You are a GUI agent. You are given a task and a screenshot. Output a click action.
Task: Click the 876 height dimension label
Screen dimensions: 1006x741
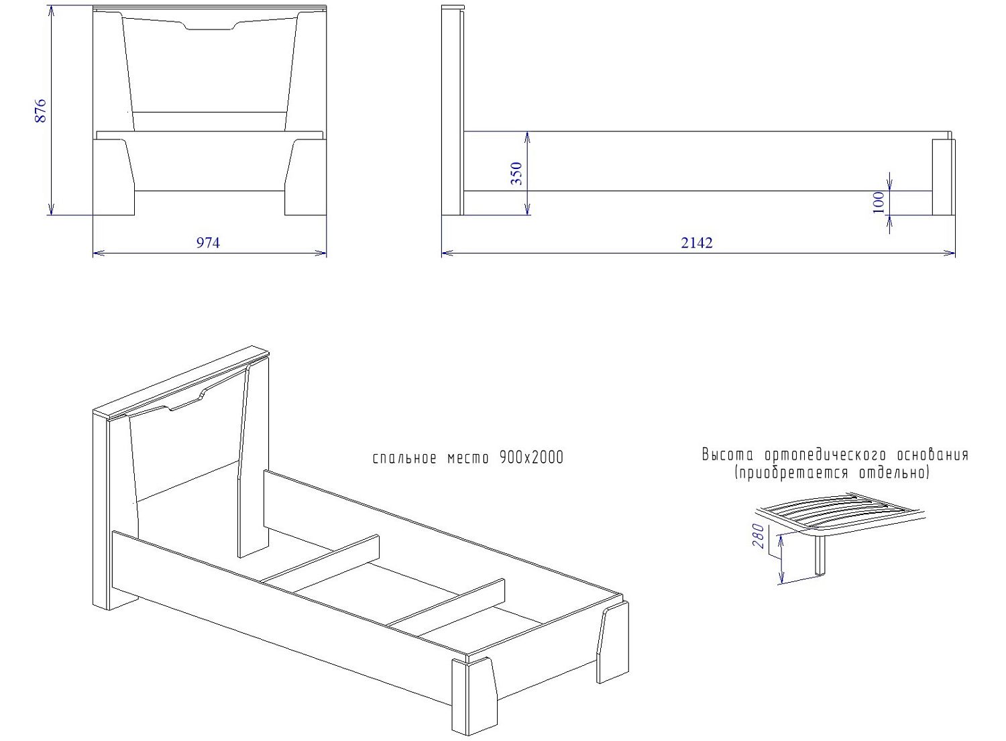tap(40, 111)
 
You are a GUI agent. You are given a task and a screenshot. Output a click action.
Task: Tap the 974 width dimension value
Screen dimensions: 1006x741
tap(208, 243)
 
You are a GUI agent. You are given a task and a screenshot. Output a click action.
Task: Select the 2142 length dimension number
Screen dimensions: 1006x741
tap(697, 243)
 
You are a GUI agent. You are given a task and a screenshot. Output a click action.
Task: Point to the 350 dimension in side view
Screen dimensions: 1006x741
tap(517, 174)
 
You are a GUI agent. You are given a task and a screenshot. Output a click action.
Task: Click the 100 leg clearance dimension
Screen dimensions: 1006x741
tap(879, 202)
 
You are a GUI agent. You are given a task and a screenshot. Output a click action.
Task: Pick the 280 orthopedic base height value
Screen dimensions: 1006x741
tap(758, 536)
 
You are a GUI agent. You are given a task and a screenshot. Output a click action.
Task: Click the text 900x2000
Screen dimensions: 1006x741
tap(531, 457)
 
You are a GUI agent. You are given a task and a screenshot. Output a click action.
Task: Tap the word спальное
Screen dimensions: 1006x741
tap(404, 459)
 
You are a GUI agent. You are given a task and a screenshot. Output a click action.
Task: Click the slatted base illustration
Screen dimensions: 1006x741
tap(839, 516)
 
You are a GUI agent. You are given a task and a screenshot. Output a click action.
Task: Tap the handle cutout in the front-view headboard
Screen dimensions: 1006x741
tap(210, 26)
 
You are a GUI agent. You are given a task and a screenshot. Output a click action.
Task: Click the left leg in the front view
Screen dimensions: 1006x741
tap(113, 177)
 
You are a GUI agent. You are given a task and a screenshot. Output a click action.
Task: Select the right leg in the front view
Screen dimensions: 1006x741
tap(305, 177)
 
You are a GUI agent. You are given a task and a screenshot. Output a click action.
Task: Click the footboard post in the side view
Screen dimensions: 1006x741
tap(943, 177)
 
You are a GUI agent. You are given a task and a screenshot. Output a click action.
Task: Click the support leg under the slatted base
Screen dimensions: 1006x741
tap(820, 555)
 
